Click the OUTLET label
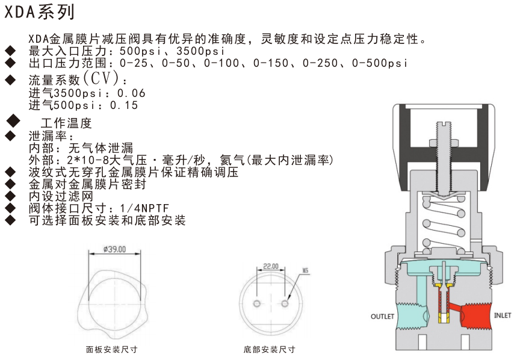(x=382, y=316)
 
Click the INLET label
(x=502, y=315)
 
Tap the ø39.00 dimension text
(x=114, y=249)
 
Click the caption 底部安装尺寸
(x=270, y=349)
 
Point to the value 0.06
(x=131, y=93)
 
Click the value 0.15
(x=124, y=105)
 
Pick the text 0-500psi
(x=380, y=63)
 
